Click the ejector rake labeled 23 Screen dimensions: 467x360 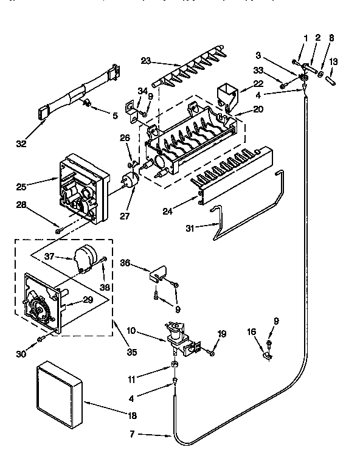pos(189,72)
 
